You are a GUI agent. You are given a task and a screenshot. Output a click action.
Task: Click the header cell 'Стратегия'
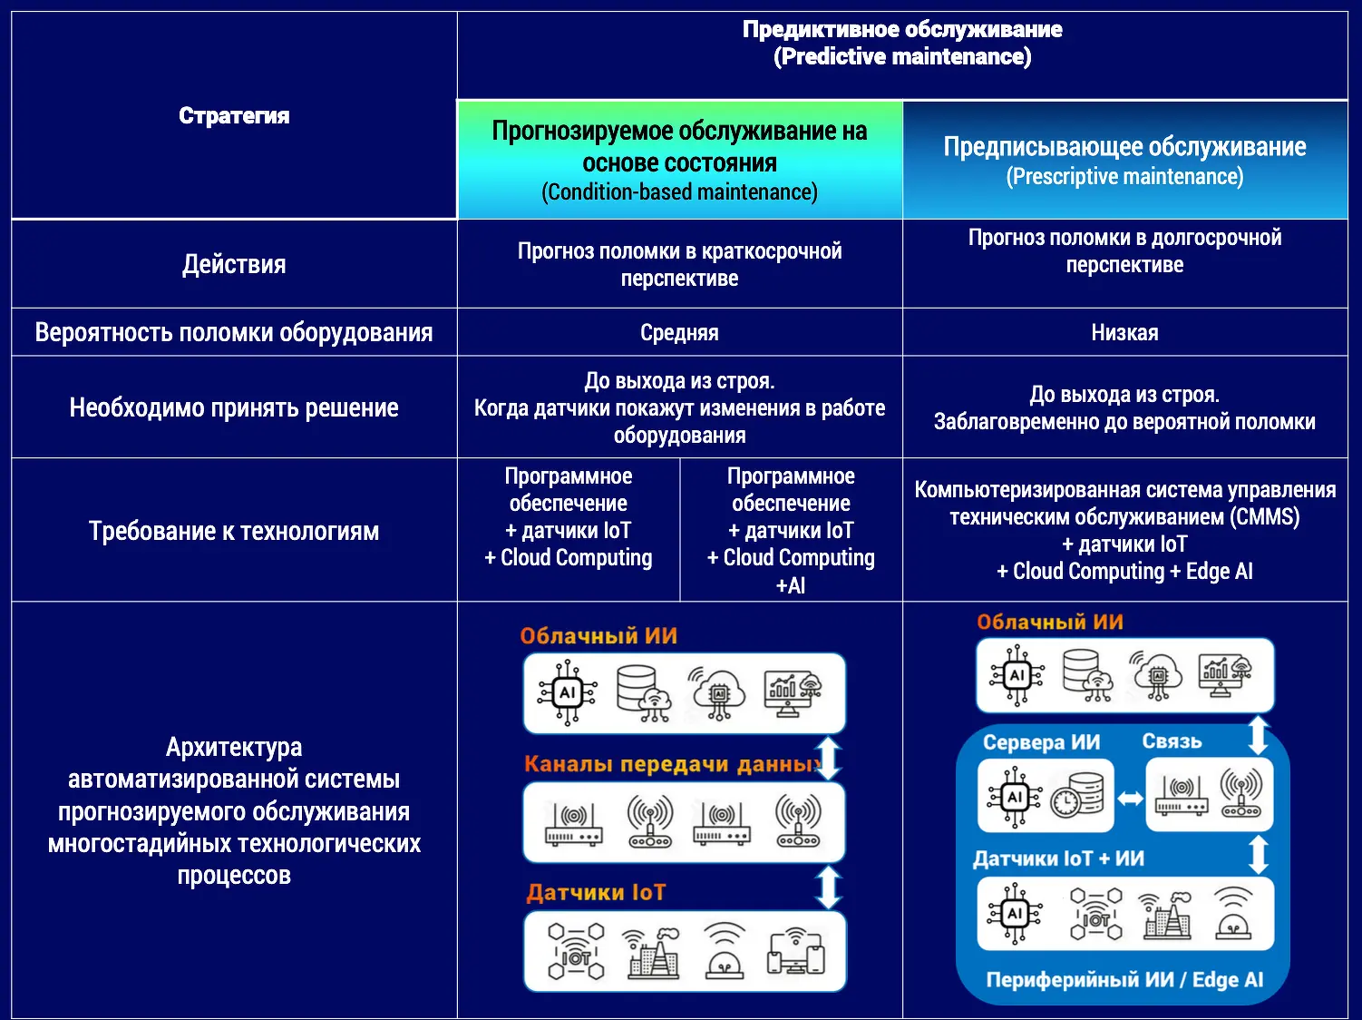click(x=234, y=115)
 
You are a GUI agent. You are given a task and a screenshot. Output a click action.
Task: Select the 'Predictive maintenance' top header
click(x=902, y=43)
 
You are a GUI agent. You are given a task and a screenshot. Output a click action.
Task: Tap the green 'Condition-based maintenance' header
click(x=679, y=161)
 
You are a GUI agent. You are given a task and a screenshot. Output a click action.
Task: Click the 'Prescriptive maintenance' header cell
click(x=1124, y=160)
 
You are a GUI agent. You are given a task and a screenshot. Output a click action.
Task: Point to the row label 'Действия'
click(x=234, y=264)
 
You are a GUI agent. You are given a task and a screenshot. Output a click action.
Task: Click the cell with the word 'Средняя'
click(x=679, y=332)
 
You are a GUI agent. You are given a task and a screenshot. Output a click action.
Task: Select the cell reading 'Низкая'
click(x=1124, y=332)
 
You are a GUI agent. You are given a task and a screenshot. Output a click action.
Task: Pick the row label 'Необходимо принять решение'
click(x=234, y=407)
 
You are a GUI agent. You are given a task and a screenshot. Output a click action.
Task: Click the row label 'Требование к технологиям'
click(x=234, y=531)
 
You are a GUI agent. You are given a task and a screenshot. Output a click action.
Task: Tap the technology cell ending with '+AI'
click(x=791, y=531)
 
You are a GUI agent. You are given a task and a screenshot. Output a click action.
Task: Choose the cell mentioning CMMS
click(x=1124, y=531)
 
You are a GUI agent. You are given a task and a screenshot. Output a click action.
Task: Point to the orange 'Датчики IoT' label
click(x=596, y=893)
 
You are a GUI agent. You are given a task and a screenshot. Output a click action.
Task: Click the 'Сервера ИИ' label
click(x=1041, y=742)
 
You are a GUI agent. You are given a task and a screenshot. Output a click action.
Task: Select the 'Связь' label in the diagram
click(x=1172, y=741)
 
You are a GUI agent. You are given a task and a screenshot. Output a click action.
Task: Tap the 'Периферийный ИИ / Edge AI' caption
click(x=1124, y=980)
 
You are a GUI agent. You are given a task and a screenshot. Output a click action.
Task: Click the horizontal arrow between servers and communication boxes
click(x=1130, y=799)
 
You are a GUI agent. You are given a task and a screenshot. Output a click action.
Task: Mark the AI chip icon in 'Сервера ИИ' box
click(x=1015, y=797)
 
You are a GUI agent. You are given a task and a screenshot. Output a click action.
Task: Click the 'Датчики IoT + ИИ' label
click(x=1058, y=858)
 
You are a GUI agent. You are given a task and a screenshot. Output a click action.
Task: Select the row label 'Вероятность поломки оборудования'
click(x=234, y=332)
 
